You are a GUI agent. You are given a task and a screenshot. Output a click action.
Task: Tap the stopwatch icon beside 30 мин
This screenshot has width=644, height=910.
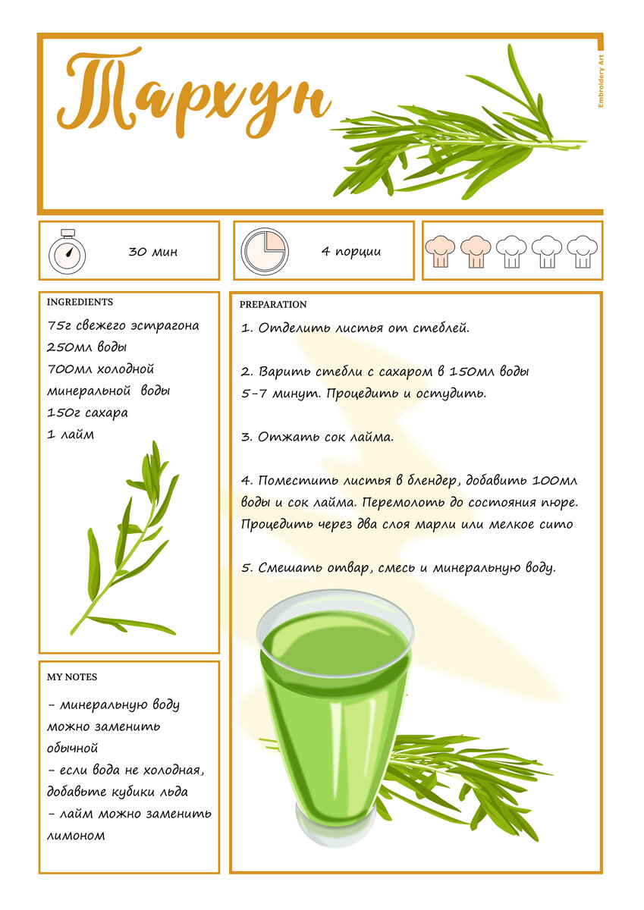[x=67, y=251]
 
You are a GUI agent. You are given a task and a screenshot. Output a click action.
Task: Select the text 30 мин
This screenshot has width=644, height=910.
[x=153, y=252]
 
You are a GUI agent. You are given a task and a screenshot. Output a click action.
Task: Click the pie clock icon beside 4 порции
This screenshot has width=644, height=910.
[x=265, y=251]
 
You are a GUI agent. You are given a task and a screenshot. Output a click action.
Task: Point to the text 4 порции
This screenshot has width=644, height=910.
[x=351, y=252]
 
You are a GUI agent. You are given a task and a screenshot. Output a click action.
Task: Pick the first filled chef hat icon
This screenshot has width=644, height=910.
[x=440, y=252]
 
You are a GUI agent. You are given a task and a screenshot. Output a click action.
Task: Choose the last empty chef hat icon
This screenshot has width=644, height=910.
[x=583, y=252]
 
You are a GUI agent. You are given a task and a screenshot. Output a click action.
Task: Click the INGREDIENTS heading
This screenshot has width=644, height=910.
[x=80, y=302]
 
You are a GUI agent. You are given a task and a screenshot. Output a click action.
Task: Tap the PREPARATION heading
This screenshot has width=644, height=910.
[x=273, y=304]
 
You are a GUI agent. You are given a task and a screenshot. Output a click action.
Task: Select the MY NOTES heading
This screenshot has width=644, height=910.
[x=72, y=676]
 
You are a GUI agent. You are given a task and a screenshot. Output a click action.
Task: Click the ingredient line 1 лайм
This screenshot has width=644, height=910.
[x=71, y=435]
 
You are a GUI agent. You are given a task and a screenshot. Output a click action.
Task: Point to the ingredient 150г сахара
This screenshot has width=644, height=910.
[x=87, y=413]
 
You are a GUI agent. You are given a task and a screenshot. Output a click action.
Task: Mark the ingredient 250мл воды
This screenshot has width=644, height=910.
[x=87, y=347]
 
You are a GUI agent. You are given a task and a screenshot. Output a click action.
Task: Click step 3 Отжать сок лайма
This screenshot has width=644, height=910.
[x=317, y=437]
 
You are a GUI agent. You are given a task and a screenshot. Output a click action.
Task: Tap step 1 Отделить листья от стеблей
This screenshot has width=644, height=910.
[x=355, y=328]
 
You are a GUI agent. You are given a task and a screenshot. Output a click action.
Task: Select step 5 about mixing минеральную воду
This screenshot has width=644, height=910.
[x=398, y=567]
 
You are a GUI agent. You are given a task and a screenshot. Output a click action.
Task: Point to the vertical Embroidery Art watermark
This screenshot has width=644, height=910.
[x=601, y=81]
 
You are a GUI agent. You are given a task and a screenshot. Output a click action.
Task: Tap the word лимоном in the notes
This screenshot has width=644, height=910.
[x=76, y=836]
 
